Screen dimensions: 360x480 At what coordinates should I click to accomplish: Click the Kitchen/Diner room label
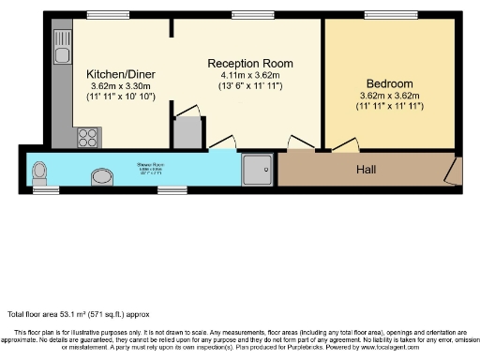(x=119, y=73)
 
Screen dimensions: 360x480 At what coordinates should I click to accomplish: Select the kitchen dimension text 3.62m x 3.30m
(x=119, y=85)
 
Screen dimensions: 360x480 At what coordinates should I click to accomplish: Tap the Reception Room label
(x=246, y=62)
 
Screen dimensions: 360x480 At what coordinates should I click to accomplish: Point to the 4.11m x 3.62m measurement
(x=247, y=74)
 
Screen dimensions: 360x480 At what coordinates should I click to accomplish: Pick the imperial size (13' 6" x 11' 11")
(x=247, y=85)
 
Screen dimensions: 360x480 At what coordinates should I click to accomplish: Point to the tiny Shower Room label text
(x=152, y=170)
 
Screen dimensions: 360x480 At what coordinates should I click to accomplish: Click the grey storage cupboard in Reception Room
(x=188, y=132)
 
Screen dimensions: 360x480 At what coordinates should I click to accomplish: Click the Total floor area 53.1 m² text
(x=78, y=313)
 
